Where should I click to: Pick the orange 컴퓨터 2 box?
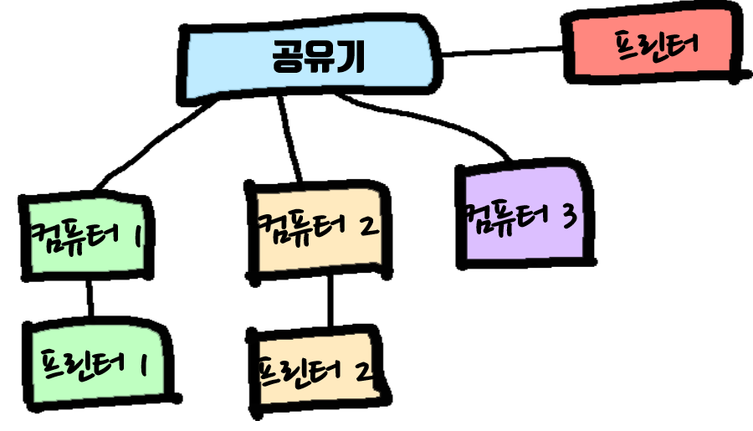click(318, 230)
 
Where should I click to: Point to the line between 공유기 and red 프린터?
click(502, 52)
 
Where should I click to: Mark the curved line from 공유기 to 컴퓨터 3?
click(435, 117)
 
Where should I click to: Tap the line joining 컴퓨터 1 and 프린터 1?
click(90, 298)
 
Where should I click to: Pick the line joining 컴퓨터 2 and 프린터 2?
click(331, 301)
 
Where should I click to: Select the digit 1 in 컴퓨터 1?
click(136, 237)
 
